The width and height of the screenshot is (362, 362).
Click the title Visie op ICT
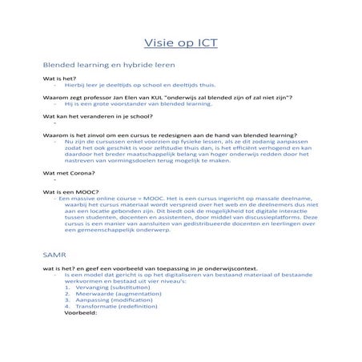coord(180,42)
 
